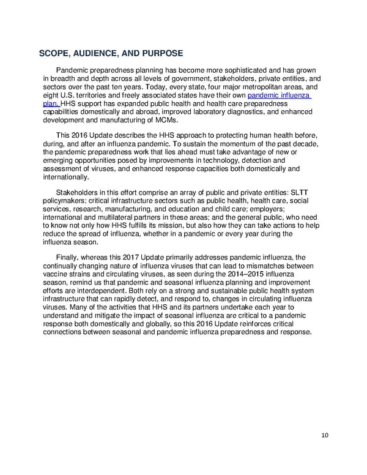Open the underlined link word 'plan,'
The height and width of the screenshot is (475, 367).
pos(51,104)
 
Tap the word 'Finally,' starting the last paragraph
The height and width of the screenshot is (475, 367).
pos(71,259)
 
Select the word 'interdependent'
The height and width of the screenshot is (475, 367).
pos(97,292)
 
